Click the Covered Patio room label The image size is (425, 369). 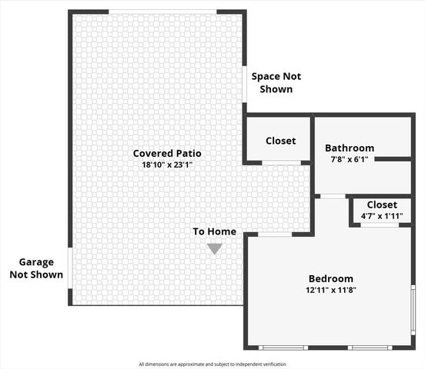coord(166,154)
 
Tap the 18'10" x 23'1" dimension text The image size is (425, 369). coord(166,165)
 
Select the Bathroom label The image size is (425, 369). coord(350,148)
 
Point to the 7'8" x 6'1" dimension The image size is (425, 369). coord(350,159)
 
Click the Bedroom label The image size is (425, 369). coord(331,279)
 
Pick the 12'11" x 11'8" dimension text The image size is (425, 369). coord(331,291)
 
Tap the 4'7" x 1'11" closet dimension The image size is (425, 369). coord(382,216)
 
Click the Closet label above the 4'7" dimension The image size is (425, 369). coord(382,204)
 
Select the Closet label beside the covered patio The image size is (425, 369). coord(280,141)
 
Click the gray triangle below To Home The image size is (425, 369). coord(214,248)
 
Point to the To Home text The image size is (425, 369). coord(214,231)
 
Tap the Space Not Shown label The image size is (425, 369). coord(276,83)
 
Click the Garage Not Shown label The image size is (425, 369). coord(36,268)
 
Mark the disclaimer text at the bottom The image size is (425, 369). coord(212,364)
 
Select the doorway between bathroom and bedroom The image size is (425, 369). coord(333,196)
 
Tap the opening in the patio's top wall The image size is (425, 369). coord(162,12)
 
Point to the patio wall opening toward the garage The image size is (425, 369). coord(70,267)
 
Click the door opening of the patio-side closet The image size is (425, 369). coord(281,162)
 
